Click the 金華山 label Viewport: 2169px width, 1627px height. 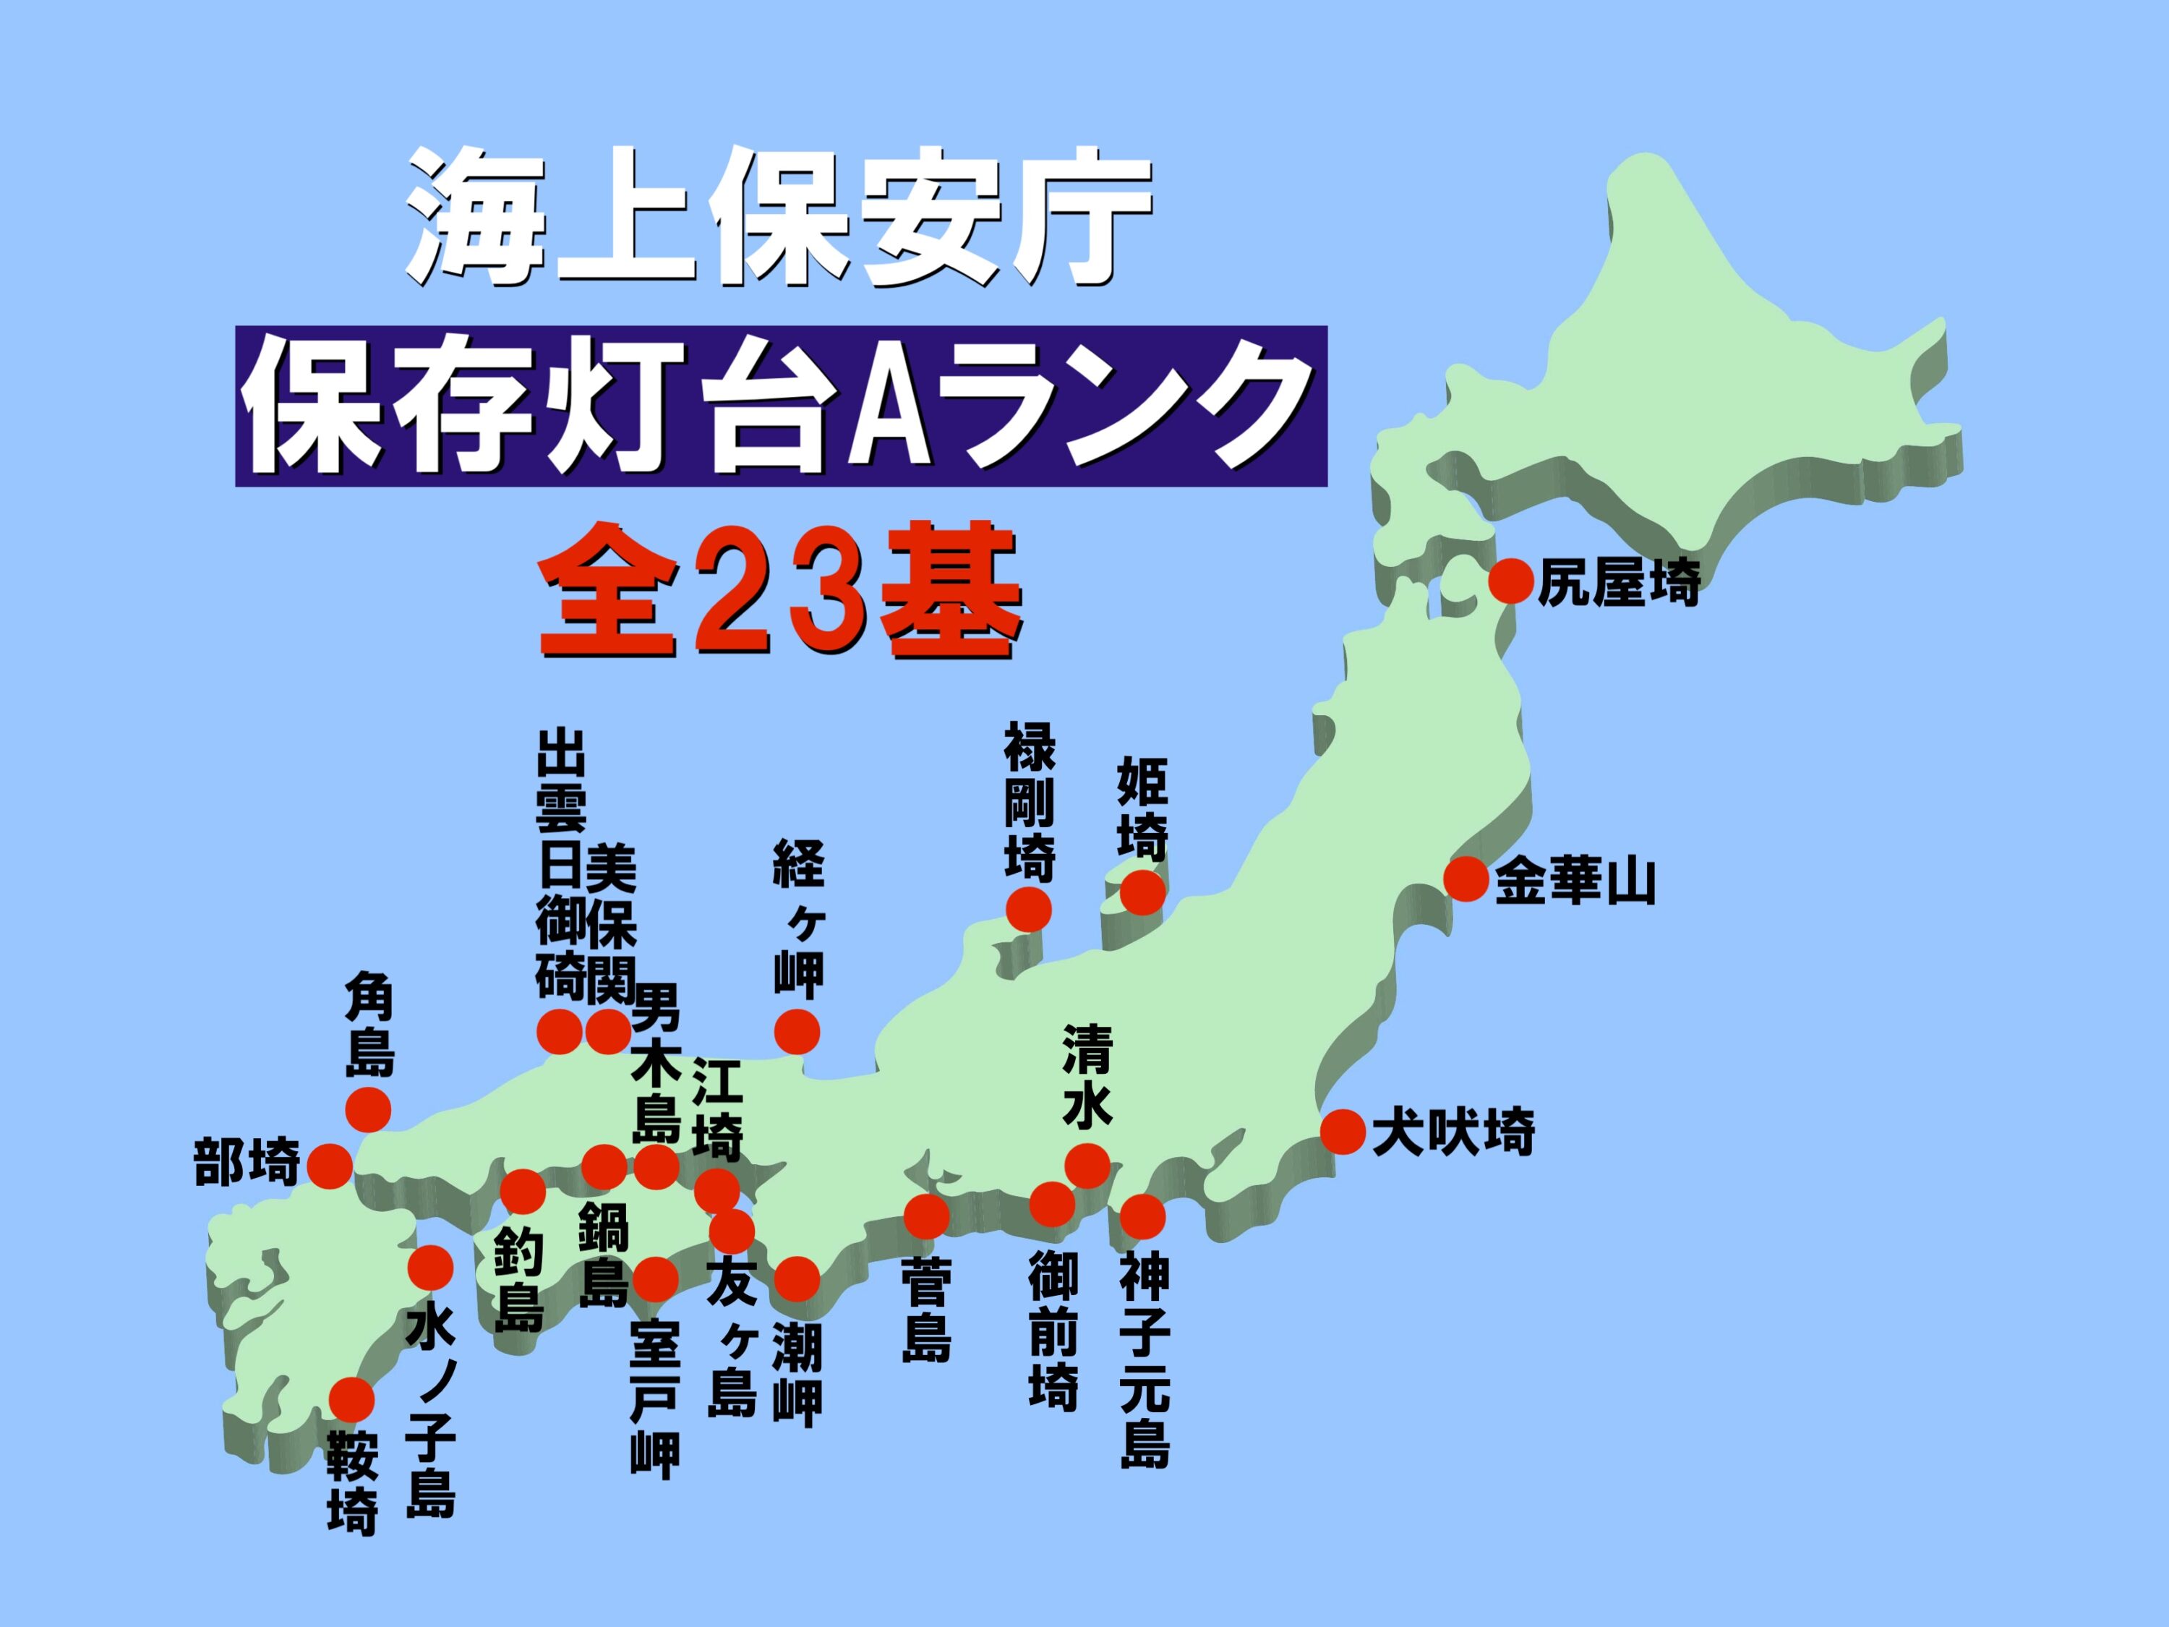(x=1575, y=880)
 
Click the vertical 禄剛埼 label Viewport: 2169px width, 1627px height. (x=1029, y=802)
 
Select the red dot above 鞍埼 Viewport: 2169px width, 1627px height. (x=353, y=1399)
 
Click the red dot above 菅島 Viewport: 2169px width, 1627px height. (x=927, y=1216)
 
